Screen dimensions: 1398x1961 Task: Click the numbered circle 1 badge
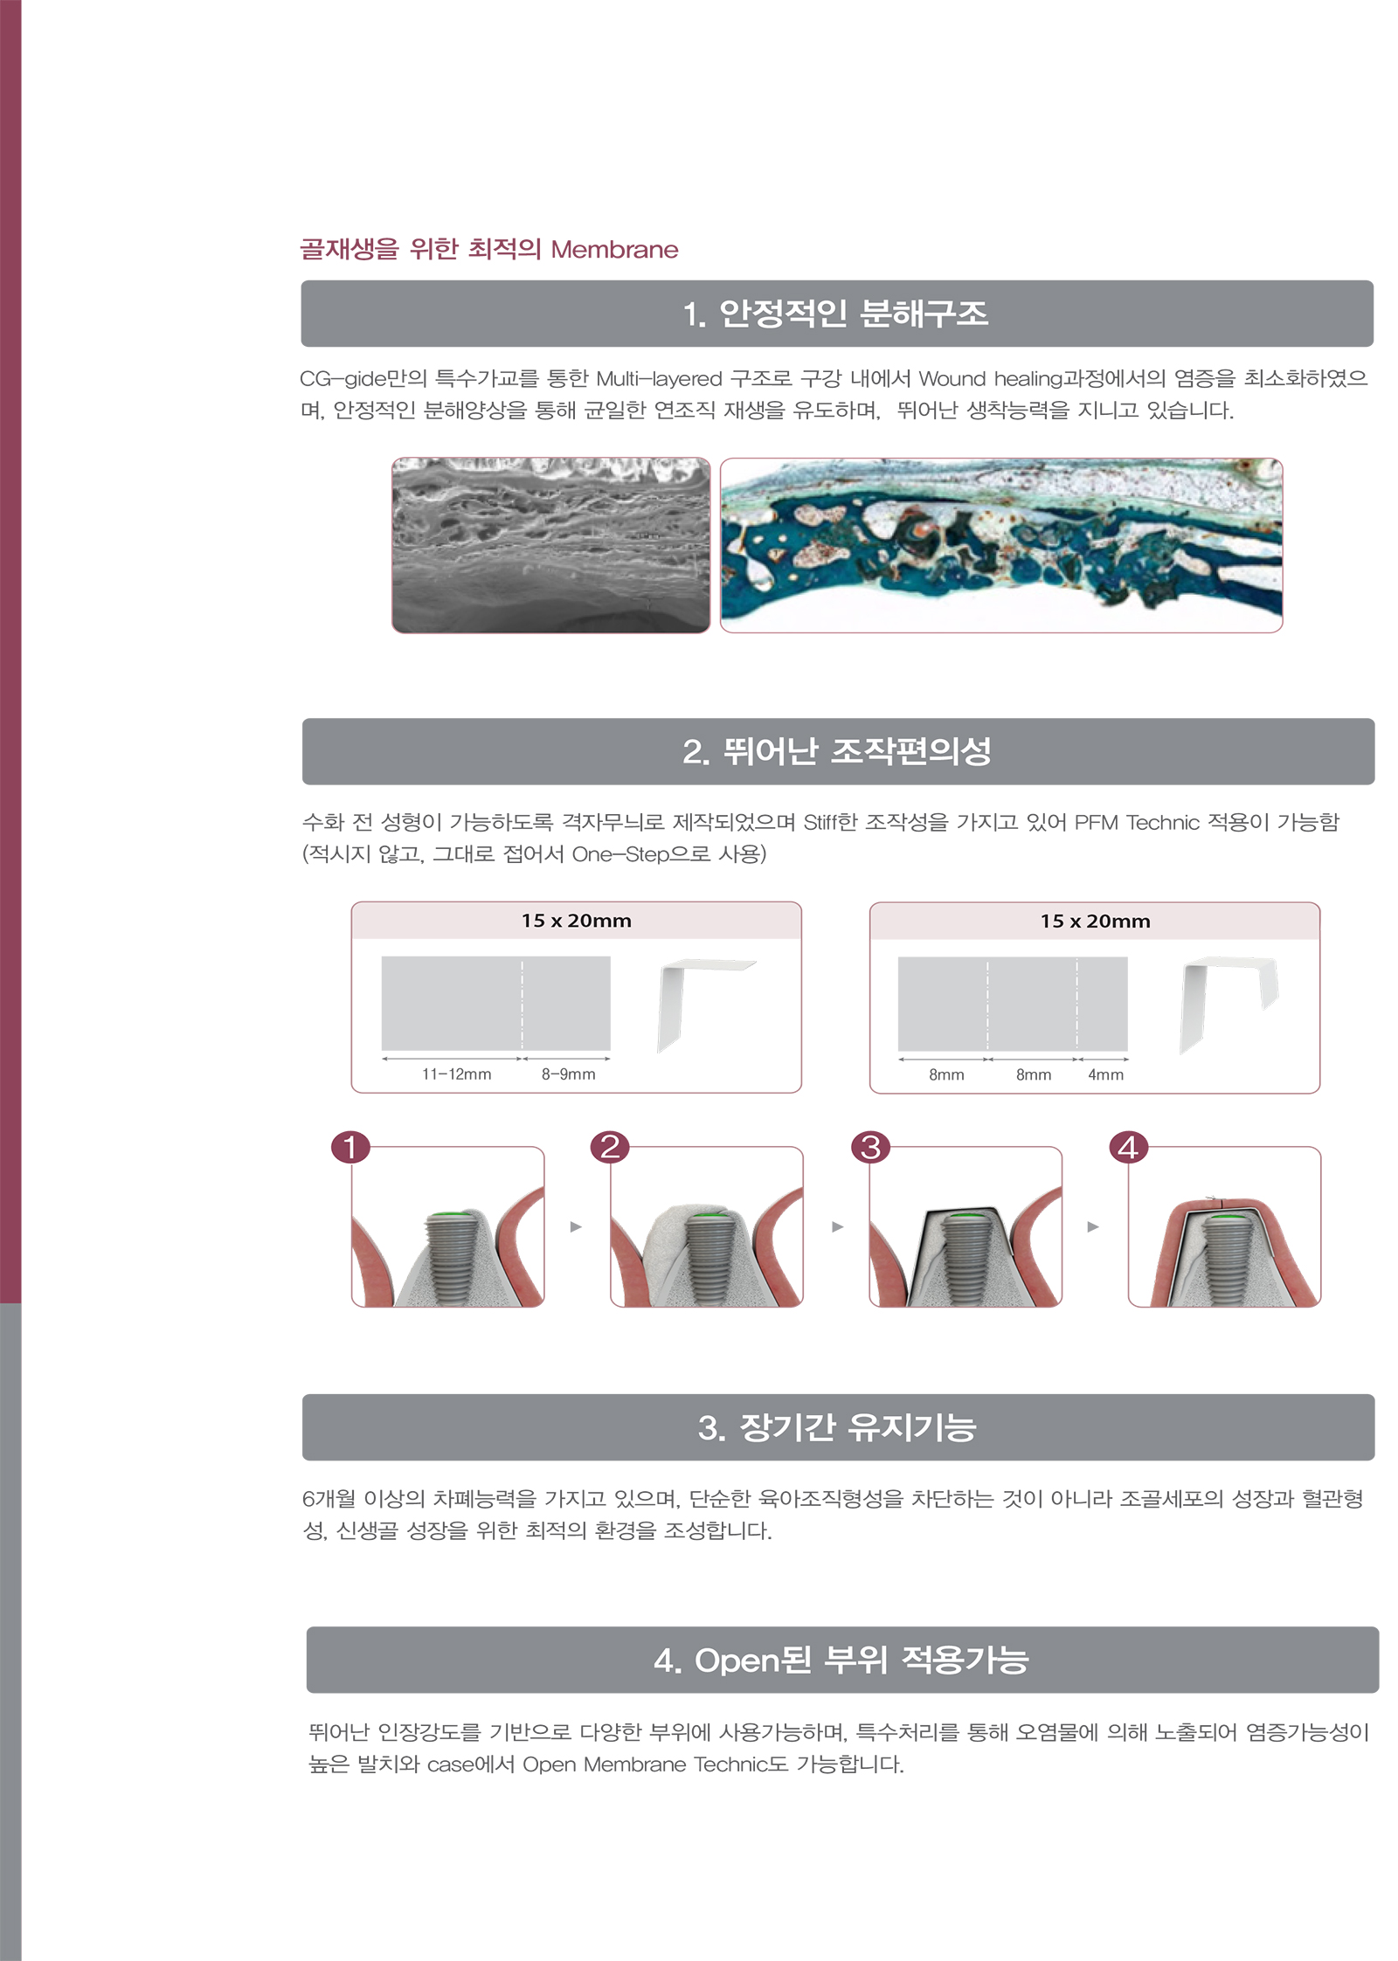tap(350, 1147)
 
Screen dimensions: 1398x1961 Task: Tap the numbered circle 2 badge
tap(610, 1147)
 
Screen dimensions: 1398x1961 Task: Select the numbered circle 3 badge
tap(870, 1147)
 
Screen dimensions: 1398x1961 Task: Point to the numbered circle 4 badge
tap(1128, 1147)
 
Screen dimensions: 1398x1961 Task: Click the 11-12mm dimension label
tap(456, 1074)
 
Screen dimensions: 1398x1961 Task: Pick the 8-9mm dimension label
tap(568, 1074)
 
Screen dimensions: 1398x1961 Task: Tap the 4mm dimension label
tap(1105, 1075)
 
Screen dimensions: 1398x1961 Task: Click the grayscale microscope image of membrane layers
tap(550, 545)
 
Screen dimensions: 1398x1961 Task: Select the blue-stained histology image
tap(1001, 545)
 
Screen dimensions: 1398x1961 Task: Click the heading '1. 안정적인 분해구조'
tap(836, 314)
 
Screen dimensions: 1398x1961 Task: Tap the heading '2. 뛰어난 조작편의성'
tap(837, 751)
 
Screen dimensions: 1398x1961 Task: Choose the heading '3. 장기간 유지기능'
tap(837, 1427)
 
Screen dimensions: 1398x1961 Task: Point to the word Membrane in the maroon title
tap(614, 250)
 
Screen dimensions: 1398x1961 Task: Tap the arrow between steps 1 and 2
tap(576, 1226)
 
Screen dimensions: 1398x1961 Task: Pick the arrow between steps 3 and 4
tap(1093, 1226)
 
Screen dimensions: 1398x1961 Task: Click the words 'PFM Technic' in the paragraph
tap(1137, 823)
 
